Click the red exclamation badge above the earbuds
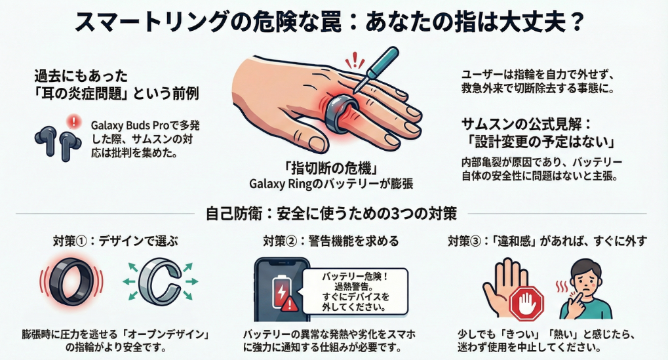pyautogui.click(x=74, y=121)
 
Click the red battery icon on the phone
pyautogui.click(x=282, y=290)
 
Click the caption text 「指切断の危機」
pyautogui.click(x=330, y=169)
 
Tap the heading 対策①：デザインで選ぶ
pyautogui.click(x=115, y=241)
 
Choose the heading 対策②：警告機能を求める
pyautogui.click(x=330, y=241)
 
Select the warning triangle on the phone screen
pyautogui.click(x=290, y=304)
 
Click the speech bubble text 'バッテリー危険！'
pyautogui.click(x=355, y=277)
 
